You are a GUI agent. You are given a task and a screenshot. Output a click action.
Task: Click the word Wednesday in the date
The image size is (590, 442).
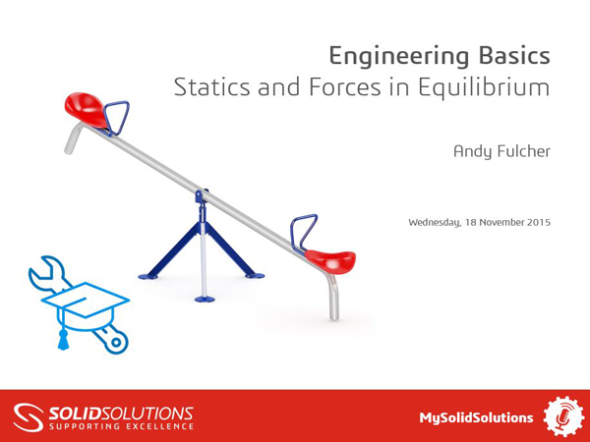click(434, 222)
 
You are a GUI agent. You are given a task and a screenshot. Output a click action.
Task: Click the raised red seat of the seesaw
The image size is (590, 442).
click(86, 104)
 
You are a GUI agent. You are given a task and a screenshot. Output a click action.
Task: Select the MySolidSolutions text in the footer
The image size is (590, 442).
click(476, 416)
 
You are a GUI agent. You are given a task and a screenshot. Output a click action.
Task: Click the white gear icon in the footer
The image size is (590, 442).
click(563, 416)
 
